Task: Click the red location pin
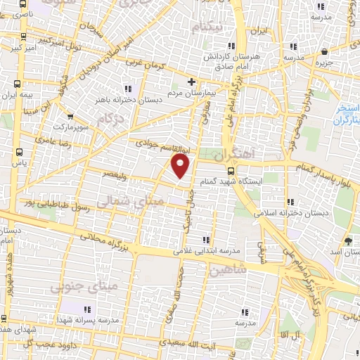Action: click(x=181, y=166)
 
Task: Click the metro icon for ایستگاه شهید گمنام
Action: click(x=231, y=169)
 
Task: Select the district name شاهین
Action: click(x=228, y=268)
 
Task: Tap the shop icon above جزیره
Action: click(x=323, y=52)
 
